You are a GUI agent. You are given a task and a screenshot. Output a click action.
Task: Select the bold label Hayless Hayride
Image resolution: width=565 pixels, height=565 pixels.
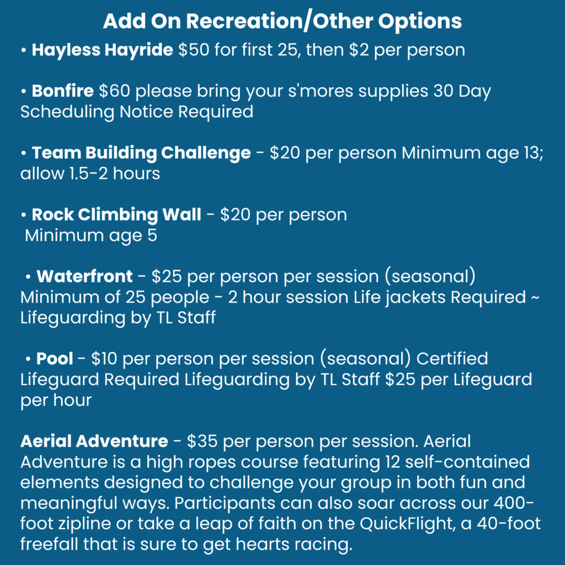[x=102, y=50]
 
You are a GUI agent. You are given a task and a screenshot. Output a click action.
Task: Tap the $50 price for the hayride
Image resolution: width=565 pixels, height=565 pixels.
[x=194, y=50]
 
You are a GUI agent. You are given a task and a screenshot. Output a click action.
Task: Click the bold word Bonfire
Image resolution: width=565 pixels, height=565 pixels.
[x=63, y=91]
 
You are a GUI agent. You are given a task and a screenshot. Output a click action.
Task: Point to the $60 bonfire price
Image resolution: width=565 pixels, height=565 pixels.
[x=115, y=91]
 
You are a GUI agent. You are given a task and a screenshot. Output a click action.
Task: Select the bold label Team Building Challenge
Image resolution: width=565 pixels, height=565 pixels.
[x=141, y=153]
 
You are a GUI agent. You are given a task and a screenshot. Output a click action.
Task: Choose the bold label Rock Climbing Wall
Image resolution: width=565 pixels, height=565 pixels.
[x=116, y=215]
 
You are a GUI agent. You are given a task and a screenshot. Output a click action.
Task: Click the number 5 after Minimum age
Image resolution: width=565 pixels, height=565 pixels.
[x=152, y=236]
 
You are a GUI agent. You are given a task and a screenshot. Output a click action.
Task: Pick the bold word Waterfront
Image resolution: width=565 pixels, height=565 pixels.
[x=84, y=276]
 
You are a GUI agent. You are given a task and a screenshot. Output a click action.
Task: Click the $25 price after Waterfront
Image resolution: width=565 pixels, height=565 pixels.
[x=167, y=276]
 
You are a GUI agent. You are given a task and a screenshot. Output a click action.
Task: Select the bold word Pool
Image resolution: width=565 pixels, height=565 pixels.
[x=55, y=359]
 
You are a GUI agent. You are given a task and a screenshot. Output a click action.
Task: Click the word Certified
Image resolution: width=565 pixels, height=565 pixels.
[x=452, y=359]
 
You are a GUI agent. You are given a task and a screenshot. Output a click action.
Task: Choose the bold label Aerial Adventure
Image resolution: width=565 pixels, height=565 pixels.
[x=94, y=441]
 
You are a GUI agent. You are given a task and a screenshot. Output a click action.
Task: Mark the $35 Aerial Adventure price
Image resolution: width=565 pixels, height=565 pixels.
[x=202, y=441]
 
